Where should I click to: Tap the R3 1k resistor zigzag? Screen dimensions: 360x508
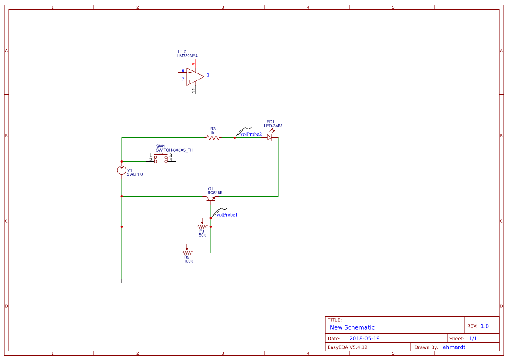213,138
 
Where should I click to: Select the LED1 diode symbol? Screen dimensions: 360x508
269,138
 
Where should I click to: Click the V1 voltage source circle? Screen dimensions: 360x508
122,170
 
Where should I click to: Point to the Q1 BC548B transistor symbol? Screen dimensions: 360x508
211,198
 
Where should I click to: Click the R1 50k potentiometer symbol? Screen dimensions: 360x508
202,226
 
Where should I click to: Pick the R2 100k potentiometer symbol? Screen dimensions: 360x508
187,252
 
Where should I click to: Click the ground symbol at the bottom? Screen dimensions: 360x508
122,284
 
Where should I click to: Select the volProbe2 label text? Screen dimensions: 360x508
251,134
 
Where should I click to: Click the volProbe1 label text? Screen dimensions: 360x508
227,214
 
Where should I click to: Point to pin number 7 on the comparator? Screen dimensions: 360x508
183,80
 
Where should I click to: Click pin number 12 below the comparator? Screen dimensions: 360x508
194,90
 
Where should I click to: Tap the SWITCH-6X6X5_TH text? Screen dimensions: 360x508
174,150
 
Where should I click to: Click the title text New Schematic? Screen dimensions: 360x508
352,327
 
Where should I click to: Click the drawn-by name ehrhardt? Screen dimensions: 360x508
454,347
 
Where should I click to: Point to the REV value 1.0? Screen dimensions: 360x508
485,326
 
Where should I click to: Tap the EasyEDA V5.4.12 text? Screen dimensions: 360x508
347,347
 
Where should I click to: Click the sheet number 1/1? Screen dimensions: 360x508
473,338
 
